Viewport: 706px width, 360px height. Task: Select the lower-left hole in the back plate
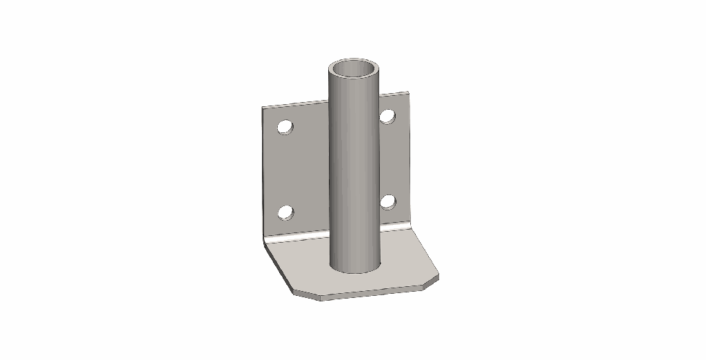pyautogui.click(x=285, y=212)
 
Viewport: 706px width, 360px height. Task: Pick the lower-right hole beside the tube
pyautogui.click(x=388, y=201)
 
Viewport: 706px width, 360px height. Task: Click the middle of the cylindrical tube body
pyautogui.click(x=354, y=166)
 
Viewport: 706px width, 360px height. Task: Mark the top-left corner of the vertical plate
pyautogui.click(x=263, y=108)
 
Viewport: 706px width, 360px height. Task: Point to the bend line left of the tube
pyautogui.click(x=296, y=237)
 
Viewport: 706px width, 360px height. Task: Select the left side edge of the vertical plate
pyautogui.click(x=263, y=172)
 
